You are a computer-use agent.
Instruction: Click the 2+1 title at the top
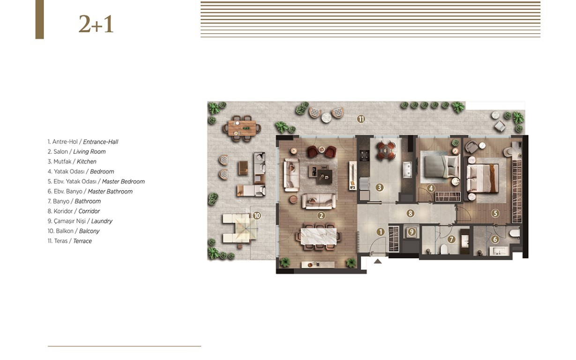coord(96,24)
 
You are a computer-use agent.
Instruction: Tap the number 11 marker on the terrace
coord(361,119)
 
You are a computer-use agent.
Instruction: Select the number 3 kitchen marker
coord(380,187)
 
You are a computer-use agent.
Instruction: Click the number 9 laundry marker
coord(411,232)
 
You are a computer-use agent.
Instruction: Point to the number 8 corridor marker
coord(411,213)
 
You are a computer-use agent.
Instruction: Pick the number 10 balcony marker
coord(257,216)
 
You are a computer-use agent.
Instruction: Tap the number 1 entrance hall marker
coord(381,232)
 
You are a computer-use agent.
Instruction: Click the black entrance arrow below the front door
coord(377,261)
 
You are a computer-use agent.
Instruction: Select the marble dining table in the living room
coord(319,236)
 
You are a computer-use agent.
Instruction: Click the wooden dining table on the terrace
coord(242,128)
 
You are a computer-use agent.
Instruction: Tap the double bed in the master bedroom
coord(482,178)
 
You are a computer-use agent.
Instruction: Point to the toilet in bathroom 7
coord(444,249)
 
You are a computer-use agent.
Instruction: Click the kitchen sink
coord(407,169)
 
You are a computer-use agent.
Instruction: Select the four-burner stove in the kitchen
coord(364,156)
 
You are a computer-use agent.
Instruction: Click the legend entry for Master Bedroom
coord(96,181)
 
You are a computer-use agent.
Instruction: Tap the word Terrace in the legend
coord(82,241)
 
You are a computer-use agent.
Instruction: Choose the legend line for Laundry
coord(80,221)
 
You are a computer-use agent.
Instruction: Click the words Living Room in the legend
coord(90,152)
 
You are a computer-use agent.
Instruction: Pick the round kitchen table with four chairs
coord(386,150)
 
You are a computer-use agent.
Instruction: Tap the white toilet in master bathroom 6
coord(514,233)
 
